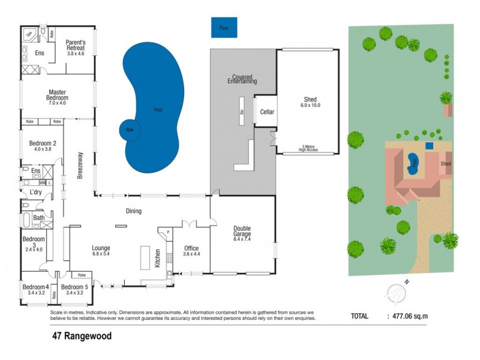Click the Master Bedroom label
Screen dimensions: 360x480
(58, 94)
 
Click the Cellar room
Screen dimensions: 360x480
(266, 112)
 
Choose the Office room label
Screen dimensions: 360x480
(191, 248)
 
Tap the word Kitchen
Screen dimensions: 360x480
(158, 258)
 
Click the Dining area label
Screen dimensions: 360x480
(133, 211)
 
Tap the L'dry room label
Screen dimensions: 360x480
(35, 192)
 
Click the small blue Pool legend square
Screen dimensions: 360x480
(224, 28)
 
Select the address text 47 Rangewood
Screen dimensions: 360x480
(82, 337)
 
